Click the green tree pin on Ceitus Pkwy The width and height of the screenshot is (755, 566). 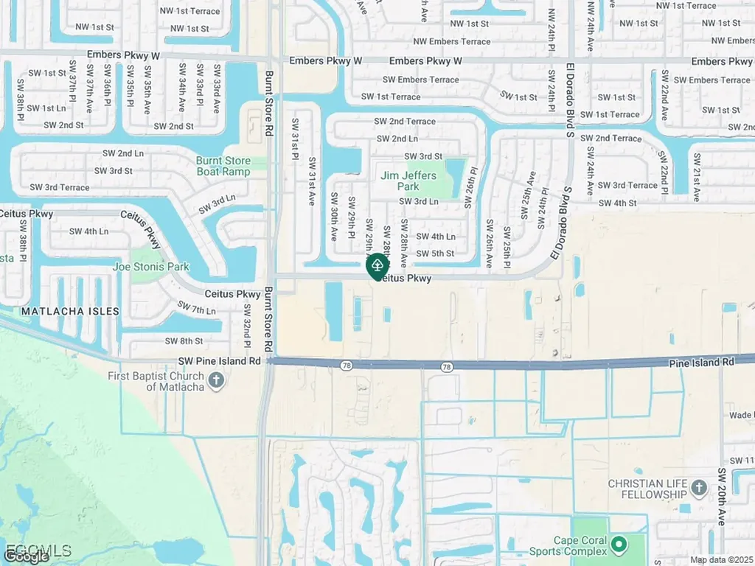click(x=377, y=265)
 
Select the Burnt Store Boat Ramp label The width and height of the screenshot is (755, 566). click(x=223, y=166)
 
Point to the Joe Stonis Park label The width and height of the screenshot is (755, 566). click(x=150, y=267)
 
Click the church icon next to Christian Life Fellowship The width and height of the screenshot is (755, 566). click(x=699, y=488)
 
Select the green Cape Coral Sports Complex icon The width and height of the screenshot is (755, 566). click(x=618, y=545)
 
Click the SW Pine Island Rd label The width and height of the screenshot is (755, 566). click(x=220, y=361)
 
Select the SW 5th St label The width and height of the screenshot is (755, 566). click(x=435, y=254)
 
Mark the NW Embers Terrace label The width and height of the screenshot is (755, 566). click(x=451, y=41)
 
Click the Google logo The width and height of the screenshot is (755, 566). click(x=27, y=557)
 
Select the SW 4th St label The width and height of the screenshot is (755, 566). click(x=617, y=203)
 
